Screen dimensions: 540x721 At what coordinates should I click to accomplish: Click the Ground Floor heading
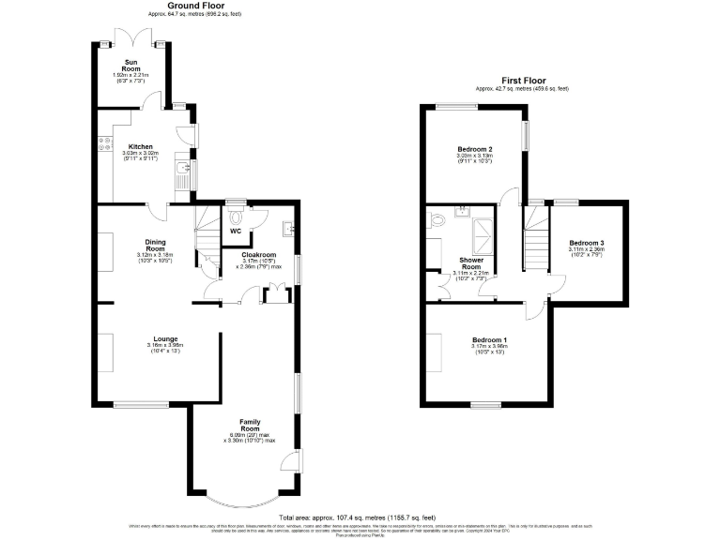(x=195, y=6)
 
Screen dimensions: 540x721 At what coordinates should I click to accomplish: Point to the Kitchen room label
(x=141, y=147)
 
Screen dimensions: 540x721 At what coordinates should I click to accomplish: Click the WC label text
(x=236, y=230)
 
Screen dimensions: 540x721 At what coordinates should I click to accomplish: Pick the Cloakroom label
(x=258, y=254)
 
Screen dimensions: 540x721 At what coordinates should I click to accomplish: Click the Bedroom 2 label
(x=475, y=150)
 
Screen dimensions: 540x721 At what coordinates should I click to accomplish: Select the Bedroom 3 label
(x=586, y=244)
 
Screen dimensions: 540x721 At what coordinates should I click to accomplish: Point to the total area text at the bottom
(x=357, y=517)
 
